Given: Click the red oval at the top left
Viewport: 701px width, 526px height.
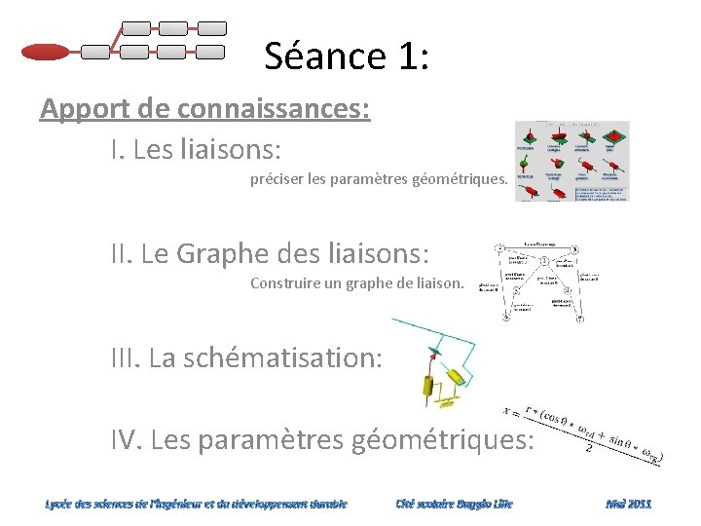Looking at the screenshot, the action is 45,51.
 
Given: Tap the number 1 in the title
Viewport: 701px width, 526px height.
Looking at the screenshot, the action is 408,56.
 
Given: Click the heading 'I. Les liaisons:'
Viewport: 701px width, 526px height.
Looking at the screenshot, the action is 196,150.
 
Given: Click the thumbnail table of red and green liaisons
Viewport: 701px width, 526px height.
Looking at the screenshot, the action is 572,161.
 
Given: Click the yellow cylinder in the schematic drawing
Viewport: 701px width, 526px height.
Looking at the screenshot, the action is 430,390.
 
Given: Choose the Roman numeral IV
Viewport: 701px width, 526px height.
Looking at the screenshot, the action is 124,440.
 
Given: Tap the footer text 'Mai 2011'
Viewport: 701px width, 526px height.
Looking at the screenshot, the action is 628,504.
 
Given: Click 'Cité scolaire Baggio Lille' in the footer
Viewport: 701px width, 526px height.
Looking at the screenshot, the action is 454,504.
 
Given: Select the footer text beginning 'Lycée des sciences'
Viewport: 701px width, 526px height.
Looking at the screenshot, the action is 196,504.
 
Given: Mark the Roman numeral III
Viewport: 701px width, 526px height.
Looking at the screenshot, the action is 123,357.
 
